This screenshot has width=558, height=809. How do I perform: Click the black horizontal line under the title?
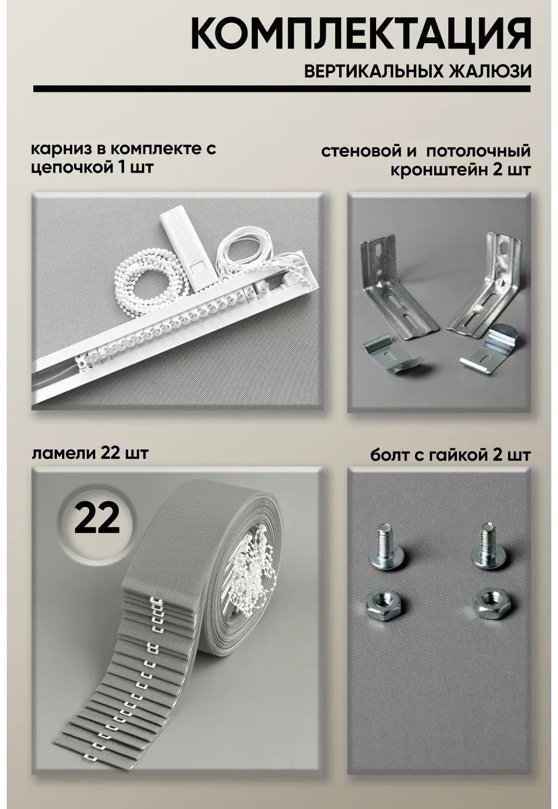coord(282,89)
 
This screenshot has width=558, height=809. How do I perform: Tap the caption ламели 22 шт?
coord(90,453)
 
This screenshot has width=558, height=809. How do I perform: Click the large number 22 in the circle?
coord(97,518)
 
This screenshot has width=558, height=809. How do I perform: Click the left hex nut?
coord(383,604)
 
